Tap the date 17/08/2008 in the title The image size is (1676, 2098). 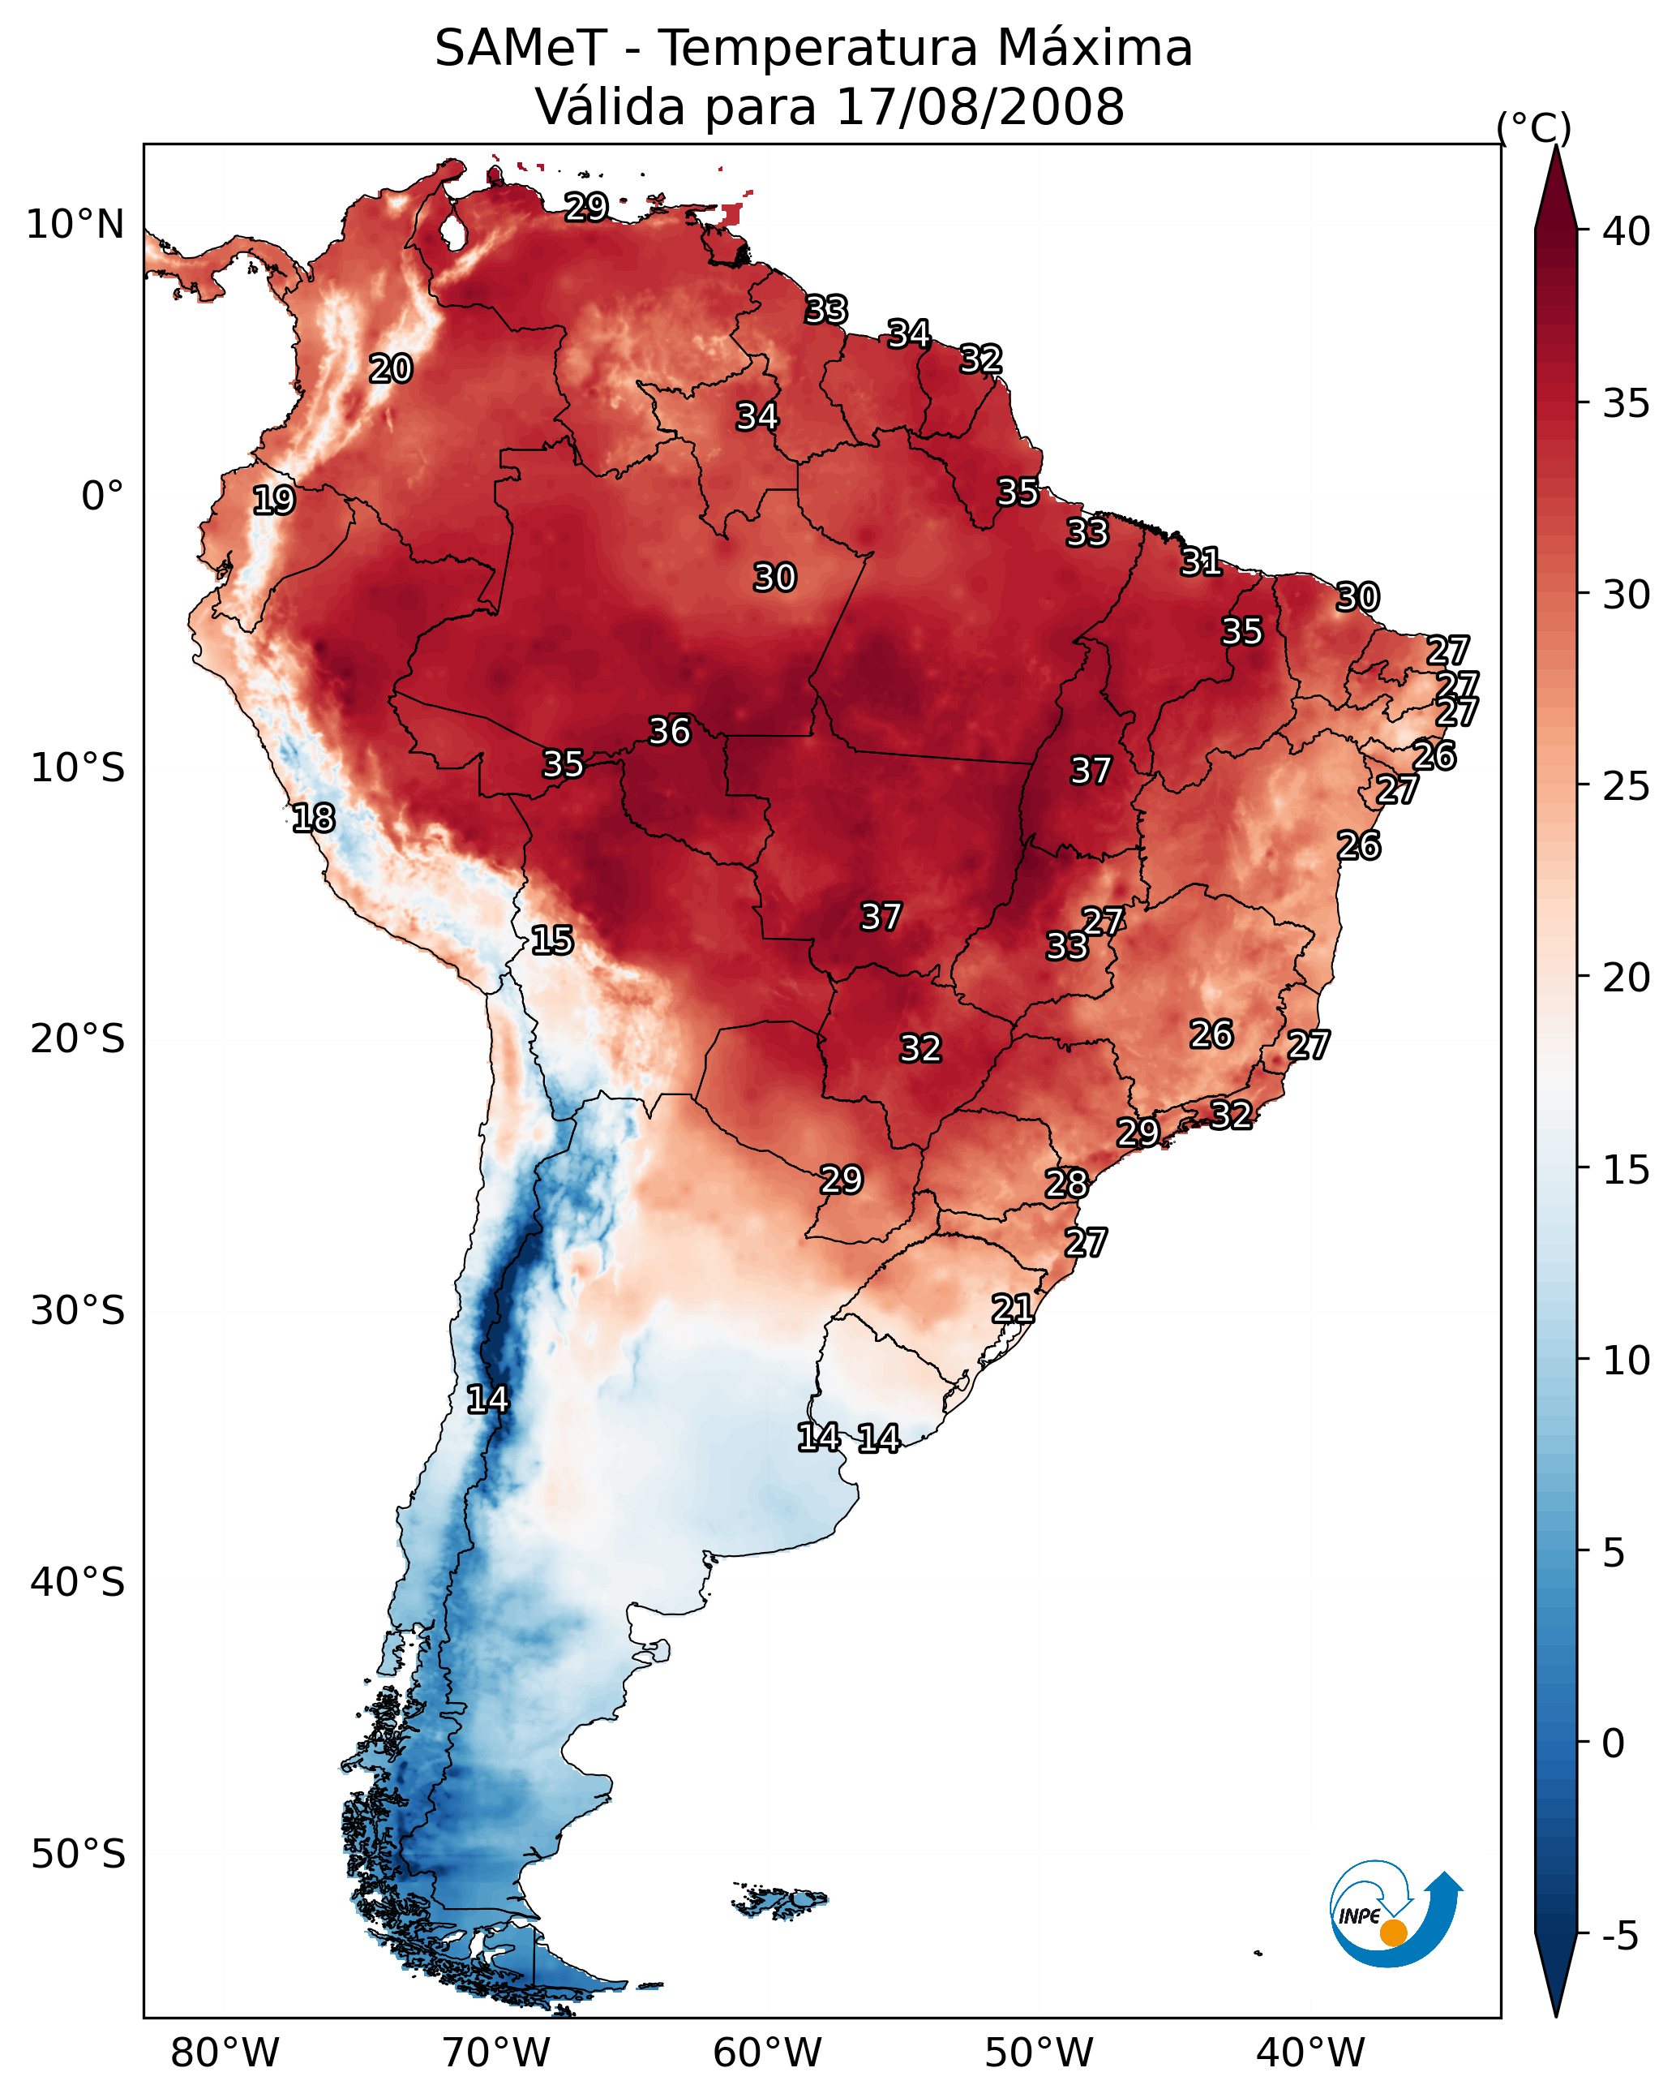point(979,106)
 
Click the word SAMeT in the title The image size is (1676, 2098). point(521,48)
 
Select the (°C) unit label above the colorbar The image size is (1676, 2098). point(1533,127)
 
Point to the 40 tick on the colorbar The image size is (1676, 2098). point(1627,231)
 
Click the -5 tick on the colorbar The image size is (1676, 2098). point(1619,1937)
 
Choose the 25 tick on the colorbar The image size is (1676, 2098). point(1627,786)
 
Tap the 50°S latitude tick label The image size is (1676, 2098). point(78,1855)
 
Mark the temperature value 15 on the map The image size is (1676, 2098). point(552,940)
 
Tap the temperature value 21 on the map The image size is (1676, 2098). point(1013,1309)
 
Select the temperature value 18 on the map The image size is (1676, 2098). point(314,819)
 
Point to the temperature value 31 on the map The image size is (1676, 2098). point(1202,561)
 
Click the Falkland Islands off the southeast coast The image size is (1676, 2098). point(780,1901)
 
